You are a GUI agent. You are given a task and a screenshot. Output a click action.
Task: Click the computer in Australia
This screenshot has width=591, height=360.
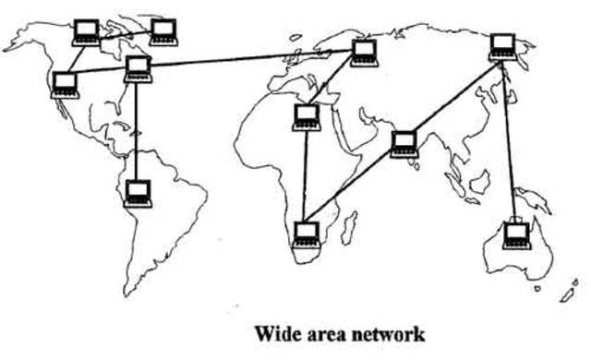(x=516, y=233)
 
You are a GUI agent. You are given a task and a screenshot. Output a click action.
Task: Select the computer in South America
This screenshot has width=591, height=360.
(x=138, y=192)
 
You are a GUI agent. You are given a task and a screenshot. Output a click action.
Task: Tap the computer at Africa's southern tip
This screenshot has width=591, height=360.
(x=304, y=234)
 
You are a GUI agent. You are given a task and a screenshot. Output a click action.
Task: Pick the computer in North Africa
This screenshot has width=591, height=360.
(x=306, y=117)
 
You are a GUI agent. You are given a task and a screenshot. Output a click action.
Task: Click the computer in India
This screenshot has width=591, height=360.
(x=404, y=144)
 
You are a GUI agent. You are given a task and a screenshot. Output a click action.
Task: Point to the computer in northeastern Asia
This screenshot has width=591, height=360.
(x=501, y=46)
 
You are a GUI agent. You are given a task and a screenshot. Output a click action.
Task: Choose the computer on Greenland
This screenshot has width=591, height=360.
(x=164, y=31)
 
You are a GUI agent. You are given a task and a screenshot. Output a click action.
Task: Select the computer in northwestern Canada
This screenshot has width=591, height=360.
(x=85, y=33)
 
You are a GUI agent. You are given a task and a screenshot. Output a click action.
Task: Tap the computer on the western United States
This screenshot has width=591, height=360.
(x=65, y=84)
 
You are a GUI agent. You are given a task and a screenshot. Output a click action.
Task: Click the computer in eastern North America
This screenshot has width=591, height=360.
(x=139, y=67)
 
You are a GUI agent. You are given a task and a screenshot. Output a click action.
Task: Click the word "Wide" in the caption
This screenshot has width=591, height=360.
(x=274, y=330)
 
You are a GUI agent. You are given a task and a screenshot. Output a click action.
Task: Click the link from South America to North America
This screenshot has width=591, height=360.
(x=138, y=129)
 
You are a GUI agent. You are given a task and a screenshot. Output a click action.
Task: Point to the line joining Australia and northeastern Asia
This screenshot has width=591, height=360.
(x=509, y=138)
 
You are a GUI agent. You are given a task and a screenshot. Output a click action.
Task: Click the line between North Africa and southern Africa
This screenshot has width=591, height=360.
(x=305, y=175)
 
